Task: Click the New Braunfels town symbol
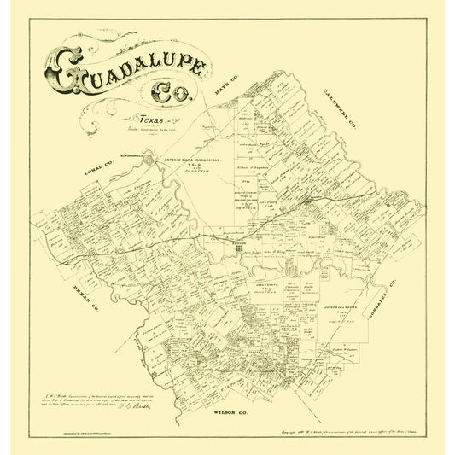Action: pyautogui.click(x=150, y=159)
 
